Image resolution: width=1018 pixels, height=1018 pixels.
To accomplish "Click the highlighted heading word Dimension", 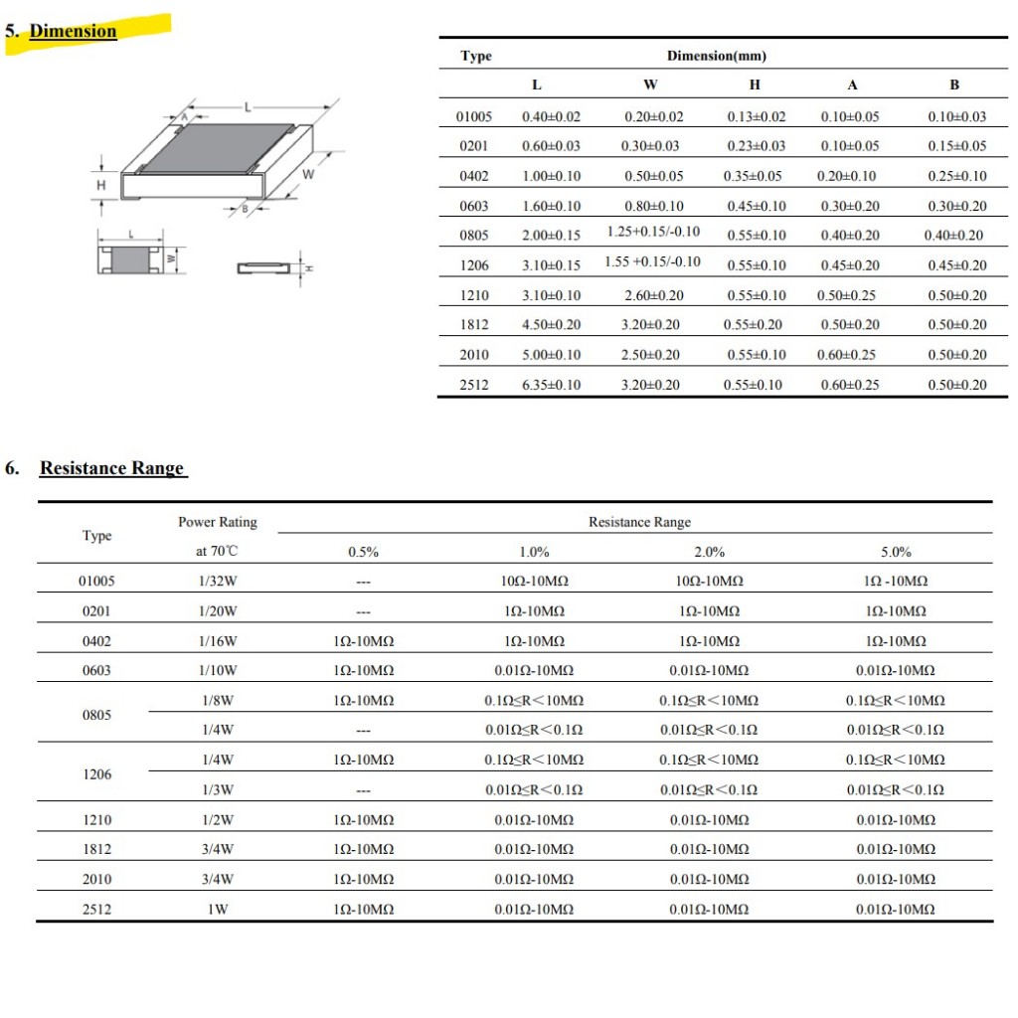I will [x=73, y=31].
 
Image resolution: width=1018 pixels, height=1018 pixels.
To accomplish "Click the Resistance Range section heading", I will [x=111, y=468].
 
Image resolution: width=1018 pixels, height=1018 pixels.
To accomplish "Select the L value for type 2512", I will [x=551, y=385].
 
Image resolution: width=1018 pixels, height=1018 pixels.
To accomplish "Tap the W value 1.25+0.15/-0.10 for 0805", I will [x=653, y=232].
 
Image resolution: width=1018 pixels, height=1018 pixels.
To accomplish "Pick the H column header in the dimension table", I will [x=755, y=85].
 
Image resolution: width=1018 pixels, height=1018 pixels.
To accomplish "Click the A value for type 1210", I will [x=849, y=295].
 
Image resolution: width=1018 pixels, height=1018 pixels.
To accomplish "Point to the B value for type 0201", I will [x=956, y=146].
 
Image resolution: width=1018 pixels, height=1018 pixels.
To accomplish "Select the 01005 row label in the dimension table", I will [x=474, y=116].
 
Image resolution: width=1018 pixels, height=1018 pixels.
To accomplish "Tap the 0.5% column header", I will [x=363, y=553].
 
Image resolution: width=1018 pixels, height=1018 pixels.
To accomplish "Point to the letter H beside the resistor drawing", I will [x=100, y=186].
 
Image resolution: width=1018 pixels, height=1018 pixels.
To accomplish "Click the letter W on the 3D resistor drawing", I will [x=308, y=175].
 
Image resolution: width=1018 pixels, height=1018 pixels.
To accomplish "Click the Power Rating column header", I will [x=218, y=522].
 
